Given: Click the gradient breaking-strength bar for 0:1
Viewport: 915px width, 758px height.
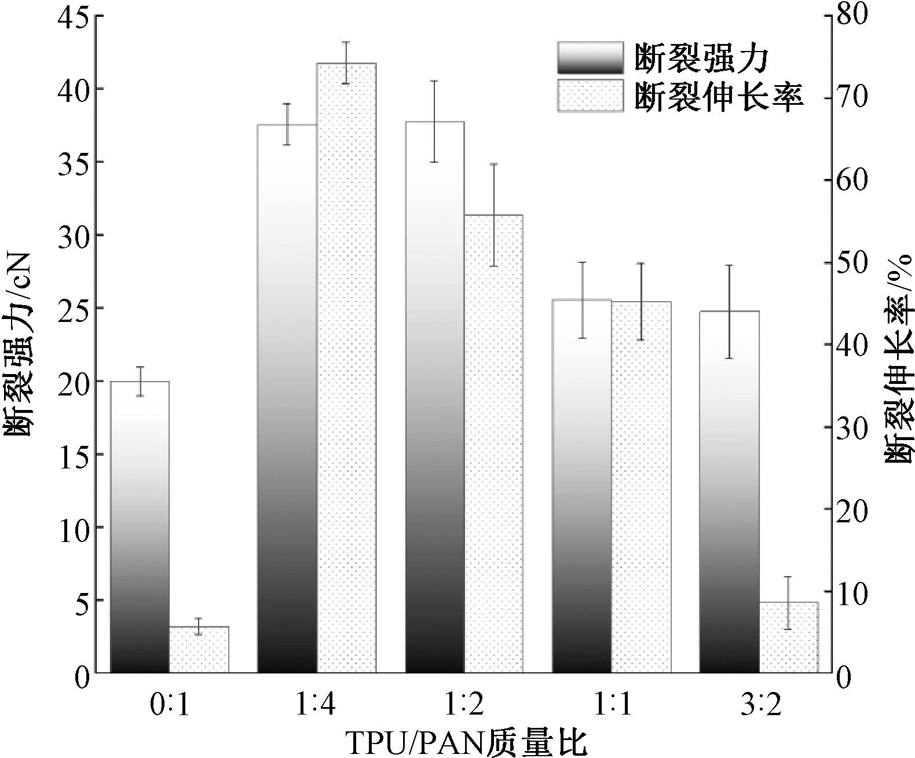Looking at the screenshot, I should coord(140,527).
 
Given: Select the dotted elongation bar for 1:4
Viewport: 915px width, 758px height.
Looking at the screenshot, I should coord(346,368).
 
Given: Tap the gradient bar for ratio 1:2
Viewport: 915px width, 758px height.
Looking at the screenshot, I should coord(435,397).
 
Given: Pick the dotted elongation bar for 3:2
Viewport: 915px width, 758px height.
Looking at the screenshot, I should coord(788,638).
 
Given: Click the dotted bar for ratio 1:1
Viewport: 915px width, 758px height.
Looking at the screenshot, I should coord(641,487).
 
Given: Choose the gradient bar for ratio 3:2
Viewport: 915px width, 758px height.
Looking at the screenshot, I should coord(729,492).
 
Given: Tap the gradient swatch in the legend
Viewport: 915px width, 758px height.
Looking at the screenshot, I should coord(590,58).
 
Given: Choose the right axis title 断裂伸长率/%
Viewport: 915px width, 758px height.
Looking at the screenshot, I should coord(898,359).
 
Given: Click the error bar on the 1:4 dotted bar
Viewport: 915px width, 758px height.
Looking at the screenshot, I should coord(346,63).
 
